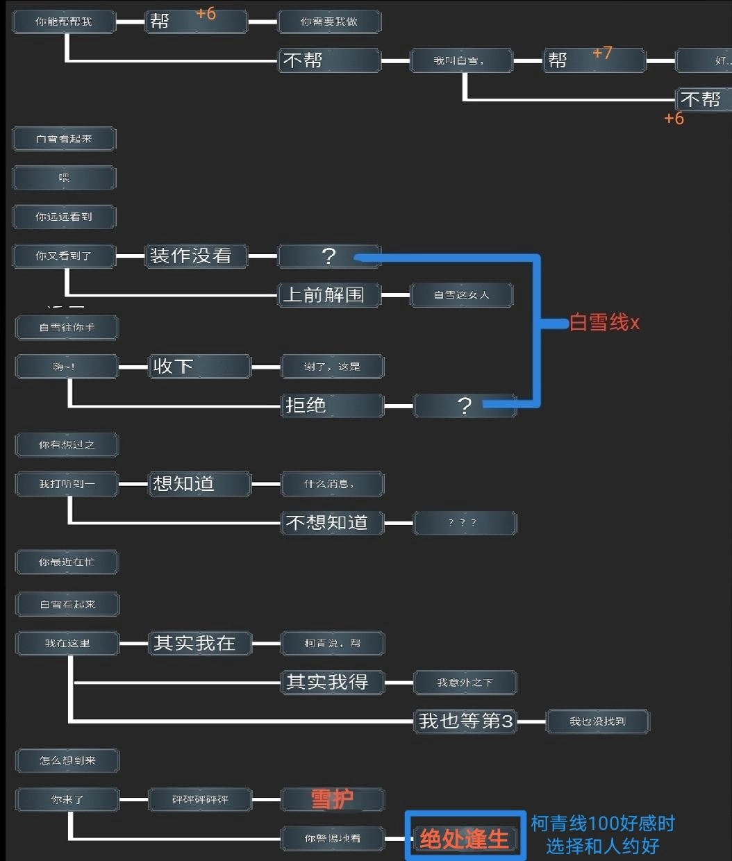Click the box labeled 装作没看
pyautogui.click(x=197, y=256)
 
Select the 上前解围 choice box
pyautogui.click(x=329, y=295)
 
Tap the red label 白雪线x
pyautogui.click(x=604, y=323)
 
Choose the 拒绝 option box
pyautogui.click(x=332, y=406)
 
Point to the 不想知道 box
pyautogui.click(x=332, y=523)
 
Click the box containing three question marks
pyautogui.click(x=465, y=523)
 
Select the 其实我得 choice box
pyautogui.click(x=332, y=683)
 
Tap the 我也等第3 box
pyautogui.click(x=465, y=721)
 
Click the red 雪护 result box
pyautogui.click(x=332, y=800)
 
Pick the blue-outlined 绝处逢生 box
pyautogui.click(x=465, y=839)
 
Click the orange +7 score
pyautogui.click(x=602, y=53)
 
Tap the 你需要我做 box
pyautogui.click(x=329, y=22)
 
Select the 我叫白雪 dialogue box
pyautogui.click(x=461, y=61)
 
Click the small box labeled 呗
pyautogui.click(x=64, y=178)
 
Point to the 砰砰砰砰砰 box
pyautogui.click(x=200, y=800)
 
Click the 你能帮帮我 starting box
pyautogui.click(x=64, y=22)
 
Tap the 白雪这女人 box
pyautogui.click(x=461, y=295)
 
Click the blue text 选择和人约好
pyautogui.click(x=602, y=846)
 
